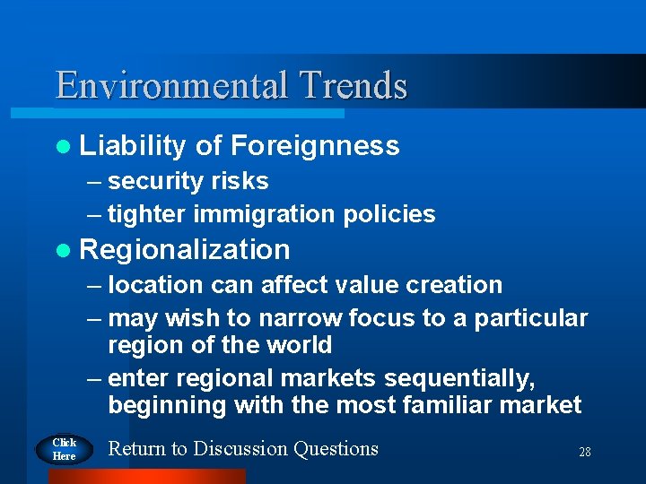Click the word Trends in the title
354,86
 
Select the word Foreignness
314,145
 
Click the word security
155,181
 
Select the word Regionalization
185,249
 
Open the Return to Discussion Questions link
243,448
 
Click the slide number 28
584,453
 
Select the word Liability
133,145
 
